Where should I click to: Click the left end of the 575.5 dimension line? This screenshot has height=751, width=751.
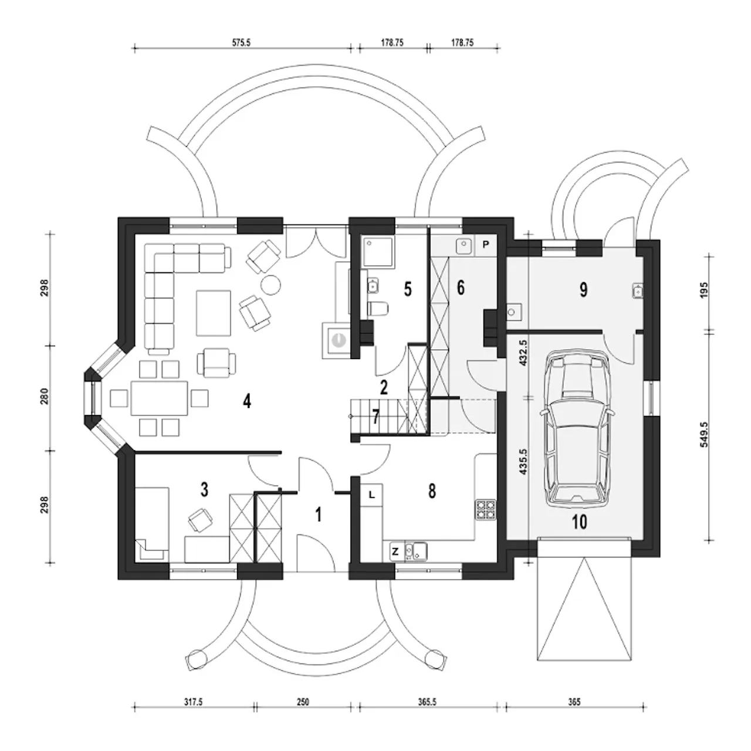(x=135, y=49)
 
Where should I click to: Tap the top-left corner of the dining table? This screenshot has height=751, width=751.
(x=131, y=382)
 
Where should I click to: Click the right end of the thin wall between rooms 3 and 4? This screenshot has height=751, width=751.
(x=281, y=452)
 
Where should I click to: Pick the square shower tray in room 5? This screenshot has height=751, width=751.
(x=378, y=252)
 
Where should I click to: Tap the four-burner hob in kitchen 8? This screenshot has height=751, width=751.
(x=486, y=509)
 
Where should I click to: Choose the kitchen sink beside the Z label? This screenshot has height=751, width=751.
(x=416, y=552)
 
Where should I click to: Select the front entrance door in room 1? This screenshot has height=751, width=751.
(x=316, y=553)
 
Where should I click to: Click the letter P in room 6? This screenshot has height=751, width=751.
(x=486, y=245)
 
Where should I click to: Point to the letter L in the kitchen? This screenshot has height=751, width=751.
(x=372, y=495)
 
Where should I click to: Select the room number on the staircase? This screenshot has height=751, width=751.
(x=375, y=417)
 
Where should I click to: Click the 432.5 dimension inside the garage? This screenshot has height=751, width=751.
(x=523, y=353)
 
